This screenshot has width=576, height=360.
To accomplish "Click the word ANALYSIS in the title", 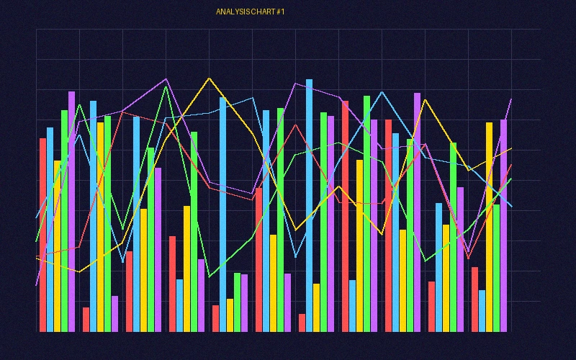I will coord(232,12).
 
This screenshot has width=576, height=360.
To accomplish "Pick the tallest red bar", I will coord(345,216).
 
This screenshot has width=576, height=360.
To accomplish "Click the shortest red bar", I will coord(302,323).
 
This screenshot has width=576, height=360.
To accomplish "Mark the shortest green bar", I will coord(237,302).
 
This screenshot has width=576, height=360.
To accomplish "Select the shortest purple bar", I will coord(114,313).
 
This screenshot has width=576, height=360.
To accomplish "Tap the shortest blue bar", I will coord(482,311).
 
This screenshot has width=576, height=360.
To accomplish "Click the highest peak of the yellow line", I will coord(209,78).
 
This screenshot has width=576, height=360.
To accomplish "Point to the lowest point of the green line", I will coord(209,276).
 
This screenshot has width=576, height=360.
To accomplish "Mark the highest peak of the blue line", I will coord(381,91).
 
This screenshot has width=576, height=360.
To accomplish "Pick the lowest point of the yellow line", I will coord(79,271).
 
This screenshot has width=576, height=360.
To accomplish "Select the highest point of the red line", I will coord(122,112).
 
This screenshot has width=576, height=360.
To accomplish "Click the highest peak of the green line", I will coord(166,86).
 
